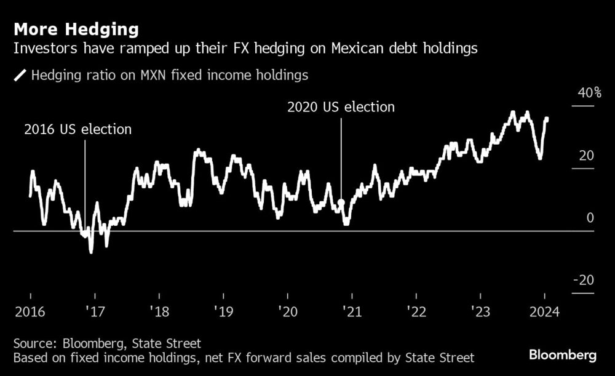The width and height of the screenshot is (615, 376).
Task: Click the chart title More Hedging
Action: pyautogui.click(x=76, y=29)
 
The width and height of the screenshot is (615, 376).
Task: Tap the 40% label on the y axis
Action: pyautogui.click(x=589, y=94)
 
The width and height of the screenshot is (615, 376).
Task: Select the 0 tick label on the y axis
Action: pyautogui.click(x=590, y=218)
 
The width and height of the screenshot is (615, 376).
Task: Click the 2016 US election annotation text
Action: pyautogui.click(x=77, y=130)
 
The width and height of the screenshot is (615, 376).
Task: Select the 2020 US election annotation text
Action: pyautogui.click(x=341, y=107)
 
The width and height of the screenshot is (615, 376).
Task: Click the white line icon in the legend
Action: pyautogui.click(x=20, y=76)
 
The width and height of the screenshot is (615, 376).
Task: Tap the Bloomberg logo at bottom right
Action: pyautogui.click(x=563, y=355)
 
